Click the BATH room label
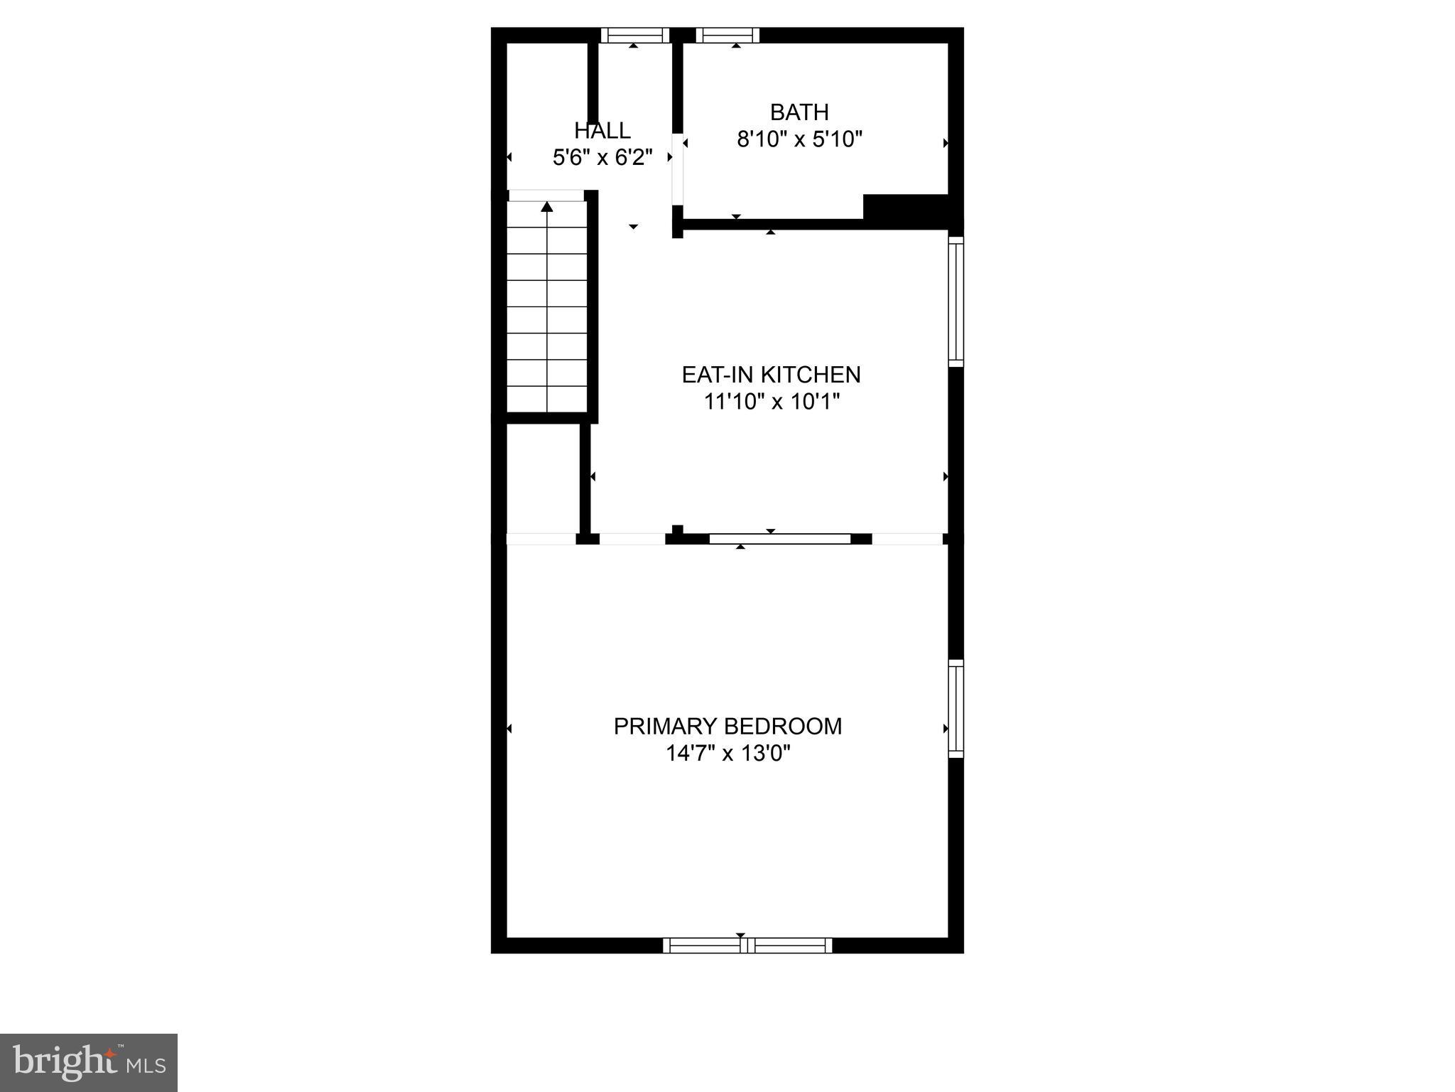pos(799,112)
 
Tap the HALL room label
pos(602,131)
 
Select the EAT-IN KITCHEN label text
pos(771,375)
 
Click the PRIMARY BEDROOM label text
pos(727,727)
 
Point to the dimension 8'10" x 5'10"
pos(799,139)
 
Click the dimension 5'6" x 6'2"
pos(602,157)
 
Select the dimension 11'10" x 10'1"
pos(772,402)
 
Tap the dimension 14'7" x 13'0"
pos(727,753)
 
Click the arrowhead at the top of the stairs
pos(547,207)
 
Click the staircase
pos(547,306)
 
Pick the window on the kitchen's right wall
pos(956,301)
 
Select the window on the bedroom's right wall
pos(956,708)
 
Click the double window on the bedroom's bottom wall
pos(747,945)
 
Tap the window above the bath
pos(727,35)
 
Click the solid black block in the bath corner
pos(907,207)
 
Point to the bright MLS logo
pos(89,1062)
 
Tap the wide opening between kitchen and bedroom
pos(780,539)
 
